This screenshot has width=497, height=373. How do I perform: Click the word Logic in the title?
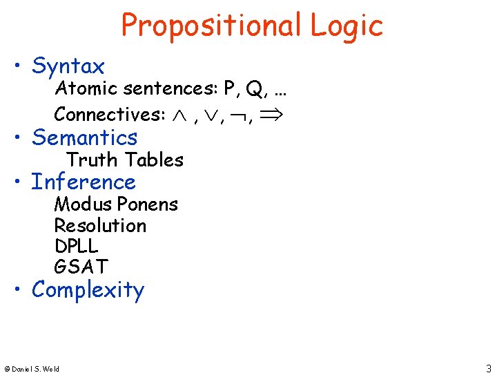346,26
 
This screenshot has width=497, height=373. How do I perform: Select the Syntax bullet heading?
68,66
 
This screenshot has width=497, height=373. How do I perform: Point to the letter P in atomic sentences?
229,89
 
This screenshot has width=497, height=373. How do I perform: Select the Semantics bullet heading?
85,137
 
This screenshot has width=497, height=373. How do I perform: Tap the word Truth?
92,160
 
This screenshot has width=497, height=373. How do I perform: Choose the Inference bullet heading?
84,182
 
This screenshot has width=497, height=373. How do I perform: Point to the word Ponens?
148,204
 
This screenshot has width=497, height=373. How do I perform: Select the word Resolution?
100,226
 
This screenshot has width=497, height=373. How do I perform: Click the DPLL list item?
76,246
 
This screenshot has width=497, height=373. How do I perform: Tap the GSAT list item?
81,266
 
